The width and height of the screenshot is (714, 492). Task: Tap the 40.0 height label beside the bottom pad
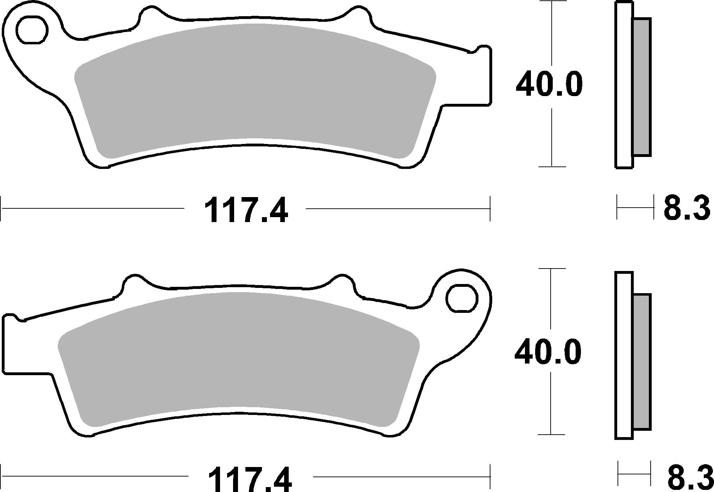pos(547,352)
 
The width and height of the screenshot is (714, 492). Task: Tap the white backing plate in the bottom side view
pos(624,355)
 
